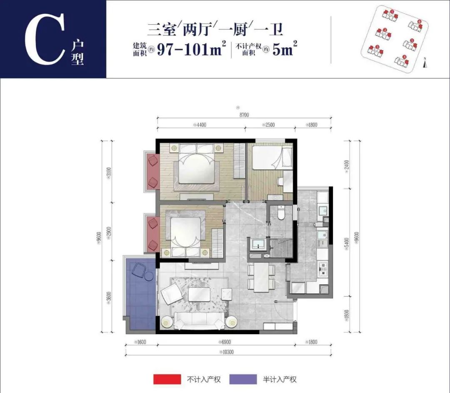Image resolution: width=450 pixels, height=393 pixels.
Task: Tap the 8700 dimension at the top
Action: (244, 115)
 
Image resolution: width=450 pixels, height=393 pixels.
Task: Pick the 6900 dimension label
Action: (227, 342)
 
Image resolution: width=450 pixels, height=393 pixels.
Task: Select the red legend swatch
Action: (167, 379)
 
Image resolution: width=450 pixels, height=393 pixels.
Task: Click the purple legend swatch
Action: (242, 379)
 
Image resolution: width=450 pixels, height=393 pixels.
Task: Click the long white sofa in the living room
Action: (199, 321)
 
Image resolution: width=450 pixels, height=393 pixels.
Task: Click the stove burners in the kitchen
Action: (322, 269)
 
